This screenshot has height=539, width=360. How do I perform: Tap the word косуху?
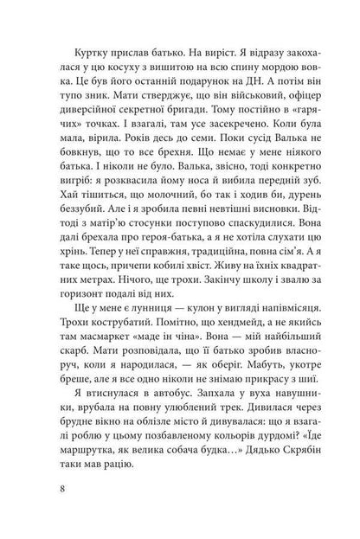(x=99, y=67)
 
